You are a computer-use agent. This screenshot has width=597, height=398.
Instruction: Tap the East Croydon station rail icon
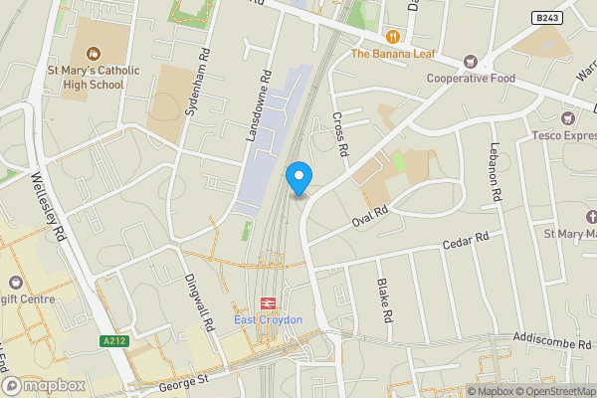[x=268, y=302]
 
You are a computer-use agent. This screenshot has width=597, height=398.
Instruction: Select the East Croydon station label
[x=268, y=319]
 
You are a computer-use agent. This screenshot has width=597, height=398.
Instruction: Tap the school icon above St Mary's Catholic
[x=93, y=53]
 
